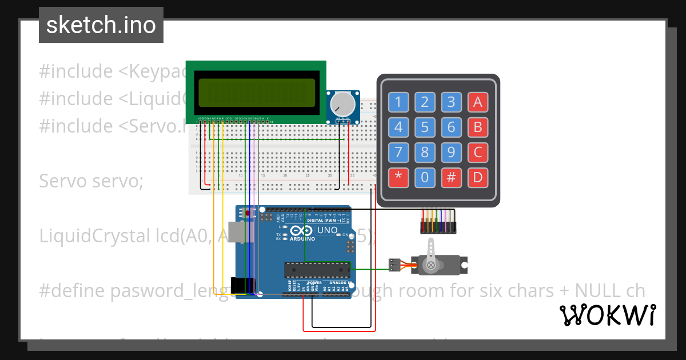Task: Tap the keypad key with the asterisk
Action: coord(398,177)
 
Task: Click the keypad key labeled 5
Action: coord(425,127)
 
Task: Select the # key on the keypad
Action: coord(451,177)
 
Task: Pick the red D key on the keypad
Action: coord(478,177)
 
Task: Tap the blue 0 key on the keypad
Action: coord(425,177)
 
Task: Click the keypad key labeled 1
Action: coord(398,102)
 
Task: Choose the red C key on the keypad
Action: coord(478,152)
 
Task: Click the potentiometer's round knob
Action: coord(342,103)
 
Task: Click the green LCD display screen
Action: coord(256,93)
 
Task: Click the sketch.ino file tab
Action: coord(101,25)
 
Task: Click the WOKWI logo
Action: coord(607,315)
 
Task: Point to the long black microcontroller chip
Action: coord(317,269)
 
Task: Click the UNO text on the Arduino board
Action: coord(327,230)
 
